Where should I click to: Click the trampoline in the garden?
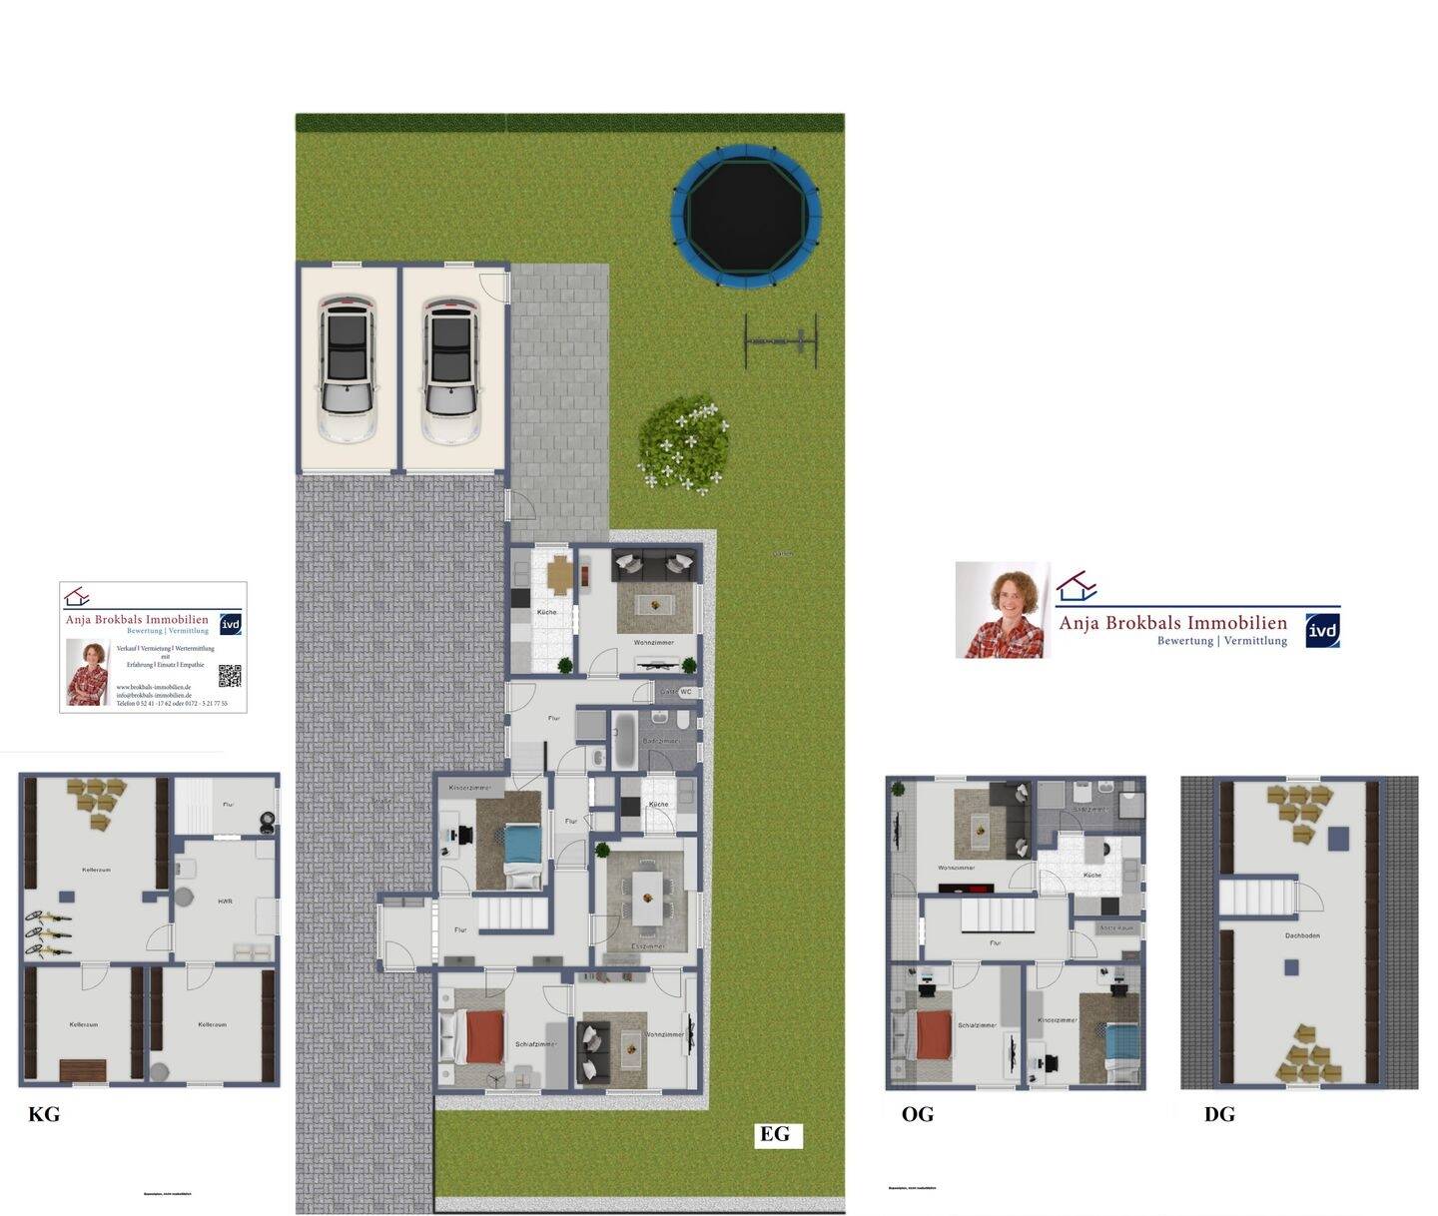coord(747,216)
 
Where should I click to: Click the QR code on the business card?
coord(230,676)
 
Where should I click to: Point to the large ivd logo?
coord(1322,630)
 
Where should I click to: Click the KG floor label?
coord(44,1114)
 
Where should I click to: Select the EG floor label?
coord(775,1134)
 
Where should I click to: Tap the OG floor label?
coord(917,1114)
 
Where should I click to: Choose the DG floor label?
coord(1219,1114)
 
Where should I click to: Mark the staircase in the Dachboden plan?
coord(1256,897)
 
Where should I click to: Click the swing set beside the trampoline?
coord(781,341)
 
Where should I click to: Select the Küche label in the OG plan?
coord(1091,875)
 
